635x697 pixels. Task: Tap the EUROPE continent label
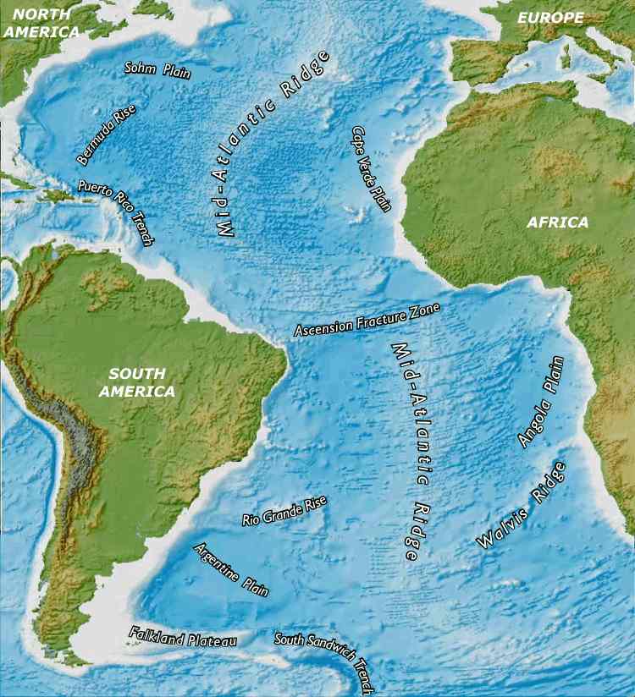coord(550,17)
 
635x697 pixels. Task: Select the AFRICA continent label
coord(557,222)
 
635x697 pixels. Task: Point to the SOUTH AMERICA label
coord(136,382)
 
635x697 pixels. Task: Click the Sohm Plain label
coord(157,69)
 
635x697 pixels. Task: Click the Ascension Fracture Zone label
coord(367,320)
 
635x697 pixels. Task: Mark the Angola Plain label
coord(541,402)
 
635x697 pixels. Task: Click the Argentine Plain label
coord(231,570)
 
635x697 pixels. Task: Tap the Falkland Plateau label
coord(182,637)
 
